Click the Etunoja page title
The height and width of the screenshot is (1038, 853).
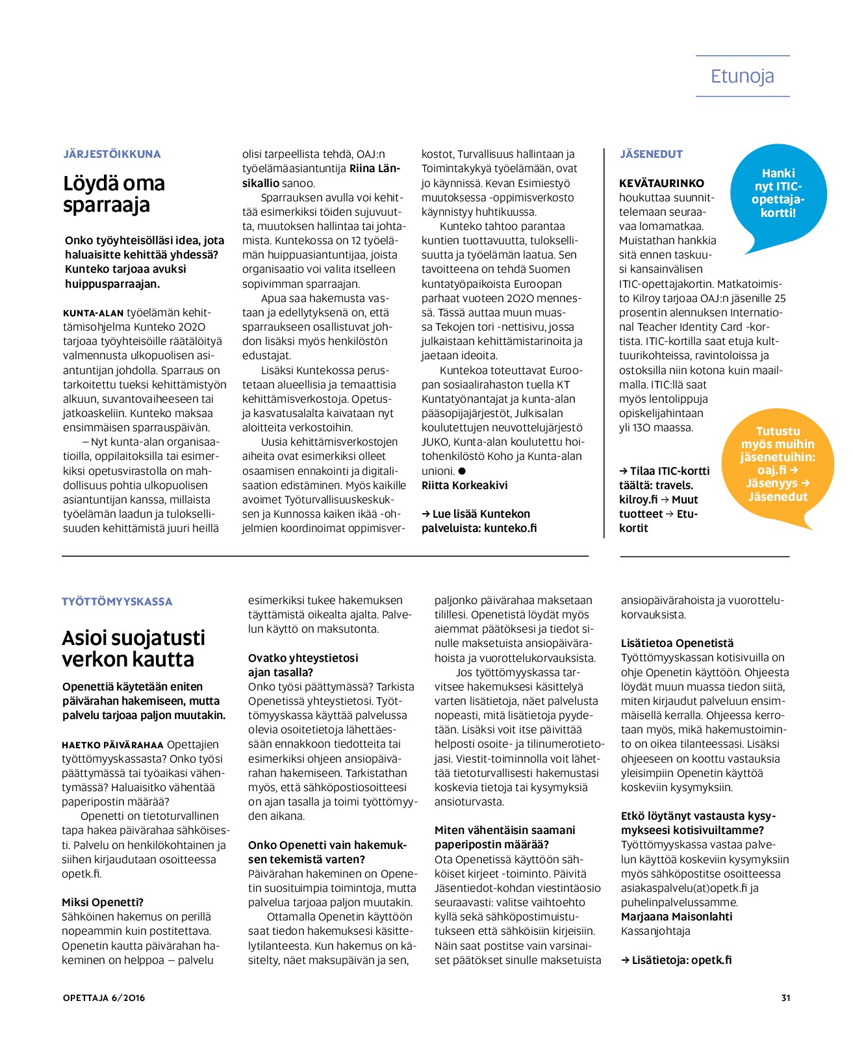[742, 76]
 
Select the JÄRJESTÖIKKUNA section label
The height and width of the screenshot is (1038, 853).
[112, 154]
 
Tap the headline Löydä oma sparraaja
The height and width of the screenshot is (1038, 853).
[114, 194]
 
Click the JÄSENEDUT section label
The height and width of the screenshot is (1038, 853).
[651, 154]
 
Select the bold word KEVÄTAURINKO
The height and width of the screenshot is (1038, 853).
[661, 183]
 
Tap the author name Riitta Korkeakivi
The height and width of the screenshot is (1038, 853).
[465, 485]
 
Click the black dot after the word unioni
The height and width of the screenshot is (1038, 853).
[462, 471]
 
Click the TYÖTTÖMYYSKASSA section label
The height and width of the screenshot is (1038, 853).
[117, 601]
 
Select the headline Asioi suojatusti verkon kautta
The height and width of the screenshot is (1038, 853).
[133, 648]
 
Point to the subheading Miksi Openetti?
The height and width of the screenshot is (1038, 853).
[103, 902]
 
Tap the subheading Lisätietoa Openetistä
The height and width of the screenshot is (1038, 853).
[677, 643]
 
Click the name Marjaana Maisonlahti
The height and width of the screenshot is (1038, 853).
[676, 917]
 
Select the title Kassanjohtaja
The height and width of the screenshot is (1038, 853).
[656, 931]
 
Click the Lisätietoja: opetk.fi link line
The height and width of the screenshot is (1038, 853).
[676, 960]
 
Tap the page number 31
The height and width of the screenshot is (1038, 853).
[785, 998]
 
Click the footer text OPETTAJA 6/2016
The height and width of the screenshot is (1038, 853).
[104, 998]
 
